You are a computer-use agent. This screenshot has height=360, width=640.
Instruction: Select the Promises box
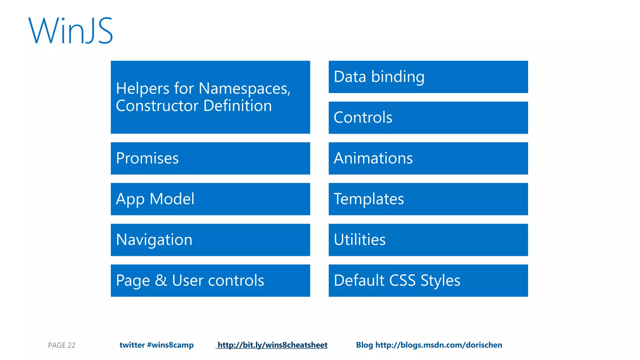click(x=210, y=158)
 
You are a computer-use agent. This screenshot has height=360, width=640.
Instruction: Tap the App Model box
click(x=210, y=199)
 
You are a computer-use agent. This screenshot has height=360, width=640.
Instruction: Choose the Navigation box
click(x=210, y=240)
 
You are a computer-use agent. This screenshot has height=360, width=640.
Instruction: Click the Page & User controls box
click(x=210, y=280)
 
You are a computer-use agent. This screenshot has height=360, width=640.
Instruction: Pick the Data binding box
click(x=428, y=77)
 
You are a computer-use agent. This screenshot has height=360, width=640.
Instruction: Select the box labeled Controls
click(x=428, y=117)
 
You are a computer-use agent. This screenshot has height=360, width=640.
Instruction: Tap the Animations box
click(x=428, y=158)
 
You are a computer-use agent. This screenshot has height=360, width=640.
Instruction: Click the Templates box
click(x=428, y=199)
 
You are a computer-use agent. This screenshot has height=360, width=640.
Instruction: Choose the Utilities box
click(x=428, y=240)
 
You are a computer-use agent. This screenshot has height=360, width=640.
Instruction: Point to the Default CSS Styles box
click(x=428, y=280)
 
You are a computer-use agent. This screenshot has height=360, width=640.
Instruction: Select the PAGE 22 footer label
click(x=62, y=345)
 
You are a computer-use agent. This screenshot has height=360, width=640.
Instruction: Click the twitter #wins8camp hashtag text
click(x=157, y=345)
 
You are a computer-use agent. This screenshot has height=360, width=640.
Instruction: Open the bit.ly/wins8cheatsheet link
click(x=272, y=345)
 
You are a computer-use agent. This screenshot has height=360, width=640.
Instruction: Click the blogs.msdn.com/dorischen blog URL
click(x=438, y=345)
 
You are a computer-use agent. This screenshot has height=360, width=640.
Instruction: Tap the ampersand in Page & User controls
click(x=161, y=280)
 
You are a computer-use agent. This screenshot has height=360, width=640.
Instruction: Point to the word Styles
click(x=440, y=280)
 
